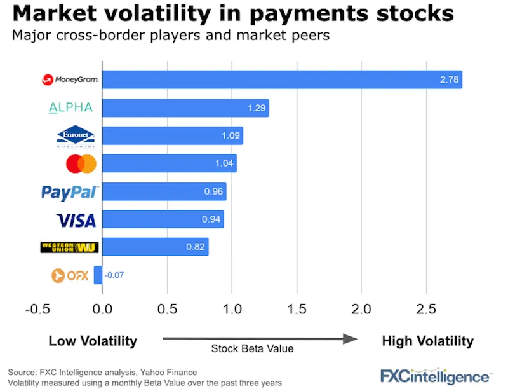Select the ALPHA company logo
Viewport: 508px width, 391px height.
tap(70, 107)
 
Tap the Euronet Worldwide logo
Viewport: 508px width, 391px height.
tap(76, 136)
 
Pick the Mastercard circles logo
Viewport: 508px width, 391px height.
tap(81, 164)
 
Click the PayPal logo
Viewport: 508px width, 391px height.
tap(70, 192)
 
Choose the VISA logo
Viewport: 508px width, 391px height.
tap(76, 220)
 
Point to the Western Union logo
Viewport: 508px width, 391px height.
tap(69, 247)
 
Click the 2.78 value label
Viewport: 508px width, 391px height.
tap(448, 79)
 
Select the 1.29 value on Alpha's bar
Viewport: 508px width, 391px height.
tap(256, 107)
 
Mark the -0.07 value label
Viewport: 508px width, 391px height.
tap(115, 275)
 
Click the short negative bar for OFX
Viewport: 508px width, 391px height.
tap(98, 275)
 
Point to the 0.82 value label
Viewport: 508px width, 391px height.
tap(195, 247)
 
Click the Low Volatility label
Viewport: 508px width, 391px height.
tap(93, 341)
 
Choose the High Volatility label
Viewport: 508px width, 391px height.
tap(427, 341)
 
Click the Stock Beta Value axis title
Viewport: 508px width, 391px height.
tap(252, 349)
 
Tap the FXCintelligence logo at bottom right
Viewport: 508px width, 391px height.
tap(435, 374)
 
